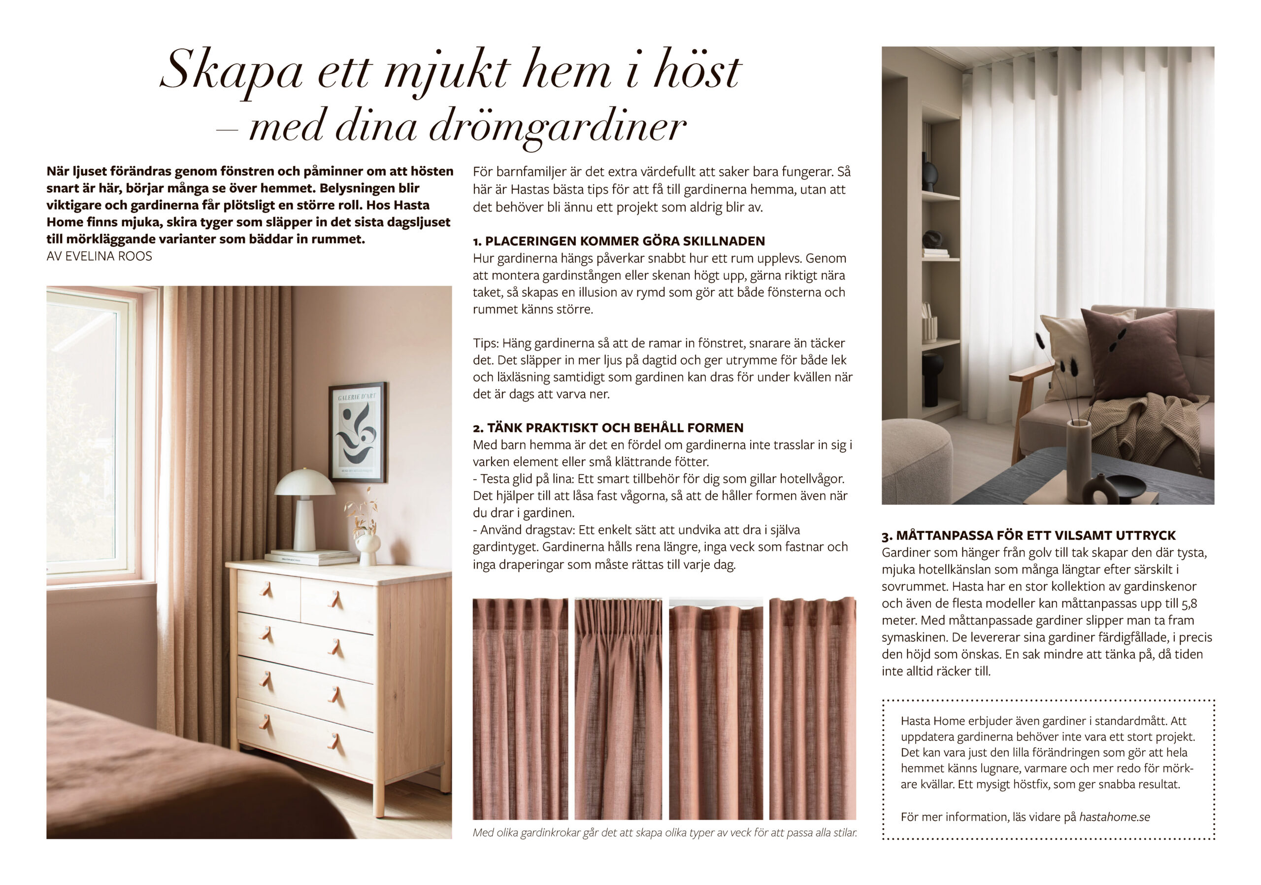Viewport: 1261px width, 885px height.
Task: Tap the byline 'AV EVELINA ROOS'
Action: [x=100, y=256]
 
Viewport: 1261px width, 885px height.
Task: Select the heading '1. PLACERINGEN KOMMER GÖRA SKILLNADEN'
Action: [x=618, y=241]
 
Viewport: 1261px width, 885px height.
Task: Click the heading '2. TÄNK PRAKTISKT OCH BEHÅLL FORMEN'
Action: [x=607, y=427]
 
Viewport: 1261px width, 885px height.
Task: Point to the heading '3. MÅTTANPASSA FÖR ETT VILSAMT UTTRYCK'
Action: [x=1028, y=535]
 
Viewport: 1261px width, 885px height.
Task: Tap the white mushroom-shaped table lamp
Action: [x=304, y=506]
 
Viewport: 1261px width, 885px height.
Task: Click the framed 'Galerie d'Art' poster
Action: [x=358, y=432]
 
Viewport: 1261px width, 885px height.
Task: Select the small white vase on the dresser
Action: [x=367, y=550]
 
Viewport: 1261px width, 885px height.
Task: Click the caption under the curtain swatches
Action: [x=664, y=833]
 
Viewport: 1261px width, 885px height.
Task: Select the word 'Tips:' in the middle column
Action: [x=486, y=344]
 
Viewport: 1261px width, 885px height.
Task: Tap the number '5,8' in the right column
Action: [x=1189, y=603]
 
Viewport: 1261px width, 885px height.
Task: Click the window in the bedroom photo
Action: [x=88, y=434]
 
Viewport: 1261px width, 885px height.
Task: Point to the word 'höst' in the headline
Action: [x=697, y=71]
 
